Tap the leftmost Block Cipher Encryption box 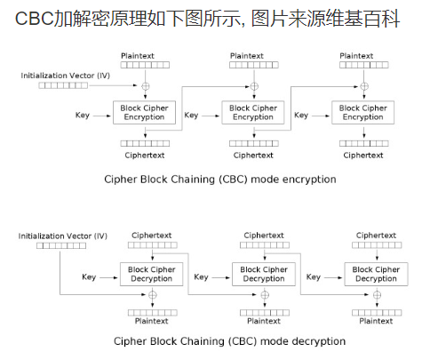click(x=143, y=112)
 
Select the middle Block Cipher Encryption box click(x=253, y=112)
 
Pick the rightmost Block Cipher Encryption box click(x=363, y=112)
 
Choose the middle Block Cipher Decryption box click(x=264, y=274)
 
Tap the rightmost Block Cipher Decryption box click(x=374, y=274)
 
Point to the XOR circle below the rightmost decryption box click(x=374, y=294)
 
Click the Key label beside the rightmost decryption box click(x=313, y=276)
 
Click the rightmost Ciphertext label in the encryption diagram click(x=363, y=155)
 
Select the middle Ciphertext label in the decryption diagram click(x=264, y=236)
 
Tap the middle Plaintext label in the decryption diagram click(x=264, y=320)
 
